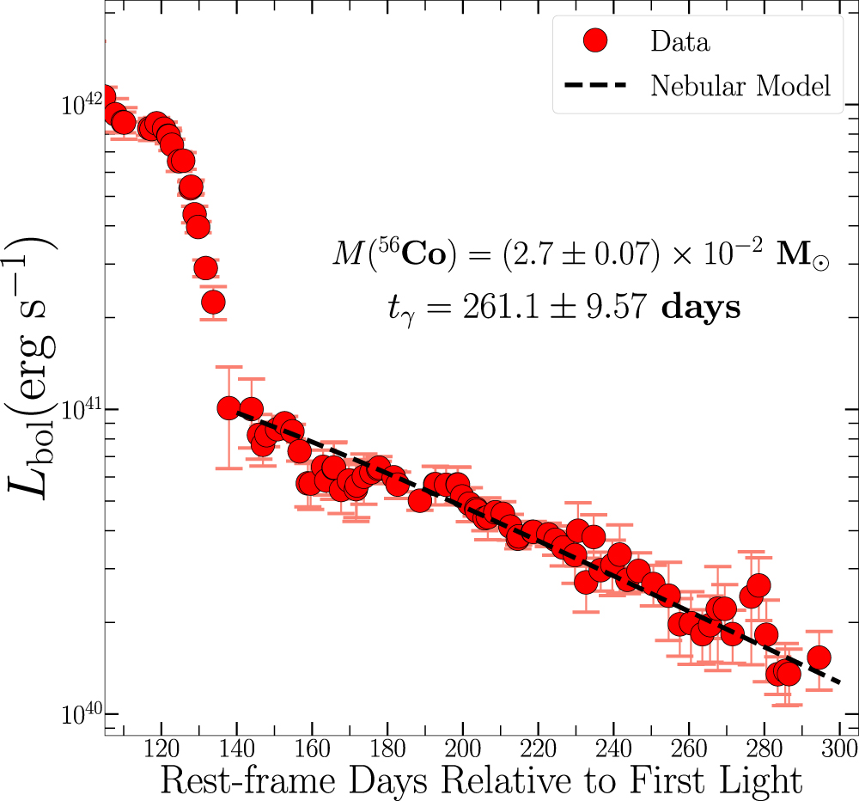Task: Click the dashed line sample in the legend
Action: pyautogui.click(x=594, y=85)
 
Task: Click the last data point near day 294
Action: pyautogui.click(x=819, y=657)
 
